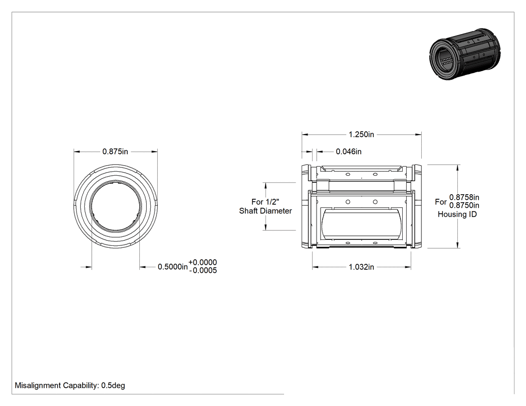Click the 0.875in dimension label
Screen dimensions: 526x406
click(115, 152)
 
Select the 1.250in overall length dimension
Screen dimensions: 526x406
click(361, 135)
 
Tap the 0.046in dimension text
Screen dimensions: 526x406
click(349, 152)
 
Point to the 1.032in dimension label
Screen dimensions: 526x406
click(361, 267)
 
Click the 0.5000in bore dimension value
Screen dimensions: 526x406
click(173, 267)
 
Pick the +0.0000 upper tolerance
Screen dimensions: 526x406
click(202, 262)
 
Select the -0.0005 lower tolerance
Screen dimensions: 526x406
click(203, 270)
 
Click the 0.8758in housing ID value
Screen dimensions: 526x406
click(464, 197)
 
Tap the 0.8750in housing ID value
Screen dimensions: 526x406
click(464, 205)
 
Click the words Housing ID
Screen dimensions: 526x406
click(457, 214)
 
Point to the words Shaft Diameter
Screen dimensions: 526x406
click(266, 211)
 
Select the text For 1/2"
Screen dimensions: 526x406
click(265, 202)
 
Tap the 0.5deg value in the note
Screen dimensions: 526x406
click(113, 385)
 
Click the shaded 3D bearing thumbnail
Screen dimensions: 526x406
click(465, 54)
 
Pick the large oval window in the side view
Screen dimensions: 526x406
click(361, 223)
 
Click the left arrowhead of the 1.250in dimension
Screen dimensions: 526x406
click(305, 135)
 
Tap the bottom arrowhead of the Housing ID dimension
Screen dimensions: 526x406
click(457, 245)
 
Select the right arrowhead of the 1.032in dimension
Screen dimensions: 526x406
click(408, 267)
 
